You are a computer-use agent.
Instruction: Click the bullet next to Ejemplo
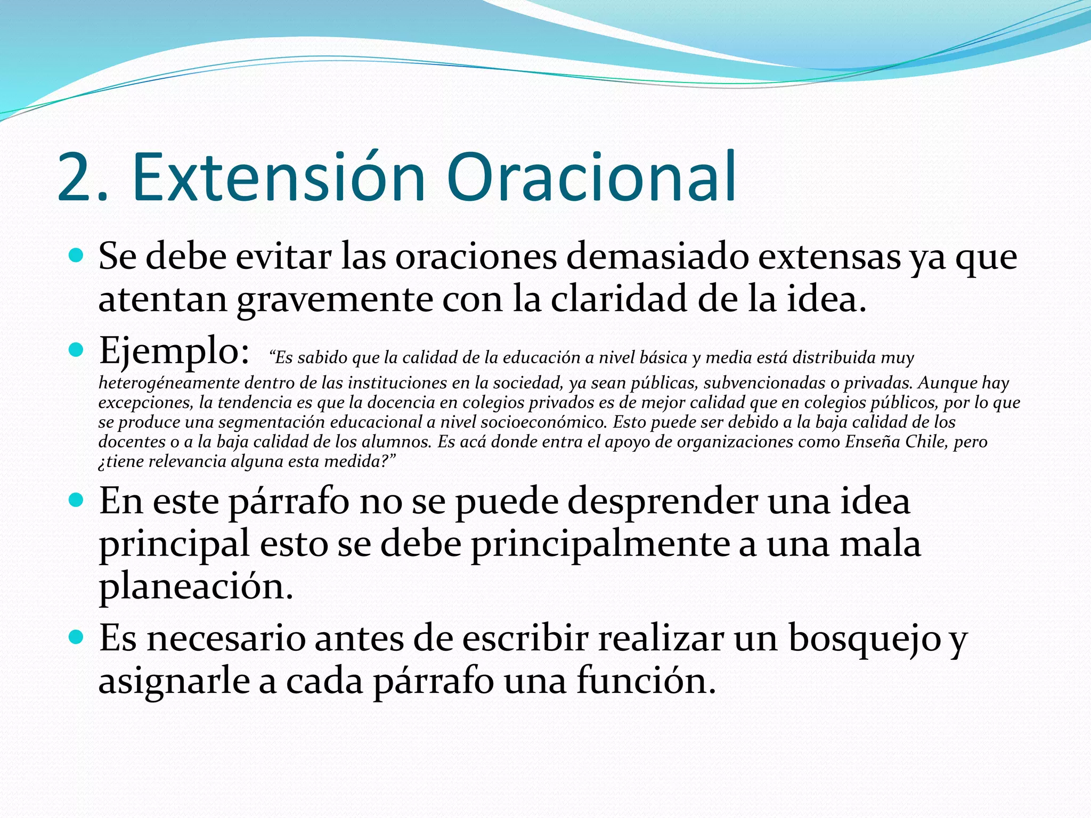(x=77, y=350)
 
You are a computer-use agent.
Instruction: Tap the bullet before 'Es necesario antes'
(x=77, y=637)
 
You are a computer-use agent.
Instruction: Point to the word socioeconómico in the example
(x=543, y=422)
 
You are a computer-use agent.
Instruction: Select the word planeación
(x=196, y=587)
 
